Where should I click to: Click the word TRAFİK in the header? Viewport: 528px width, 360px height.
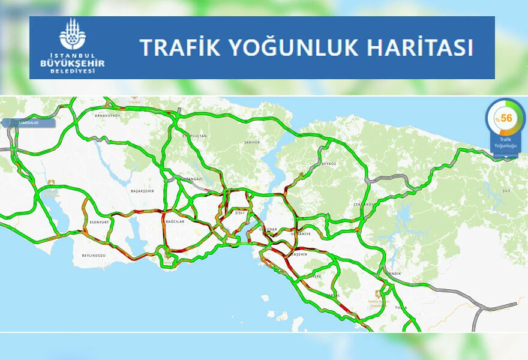tap(170, 47)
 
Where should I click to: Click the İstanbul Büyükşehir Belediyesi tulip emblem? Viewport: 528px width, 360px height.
tap(73, 34)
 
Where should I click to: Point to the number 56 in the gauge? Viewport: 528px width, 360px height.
tap(506, 118)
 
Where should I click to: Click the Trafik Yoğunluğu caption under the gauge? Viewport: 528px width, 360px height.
tap(506, 142)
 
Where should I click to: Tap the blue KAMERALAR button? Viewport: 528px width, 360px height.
tap(29, 123)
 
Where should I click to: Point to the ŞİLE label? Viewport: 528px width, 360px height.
tap(506, 191)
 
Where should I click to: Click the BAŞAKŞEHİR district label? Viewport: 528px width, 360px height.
tap(142, 190)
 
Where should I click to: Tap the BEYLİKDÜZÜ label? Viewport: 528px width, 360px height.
tap(93, 255)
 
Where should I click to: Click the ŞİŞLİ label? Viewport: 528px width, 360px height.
tap(239, 213)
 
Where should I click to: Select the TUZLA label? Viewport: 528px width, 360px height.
tap(401, 307)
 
